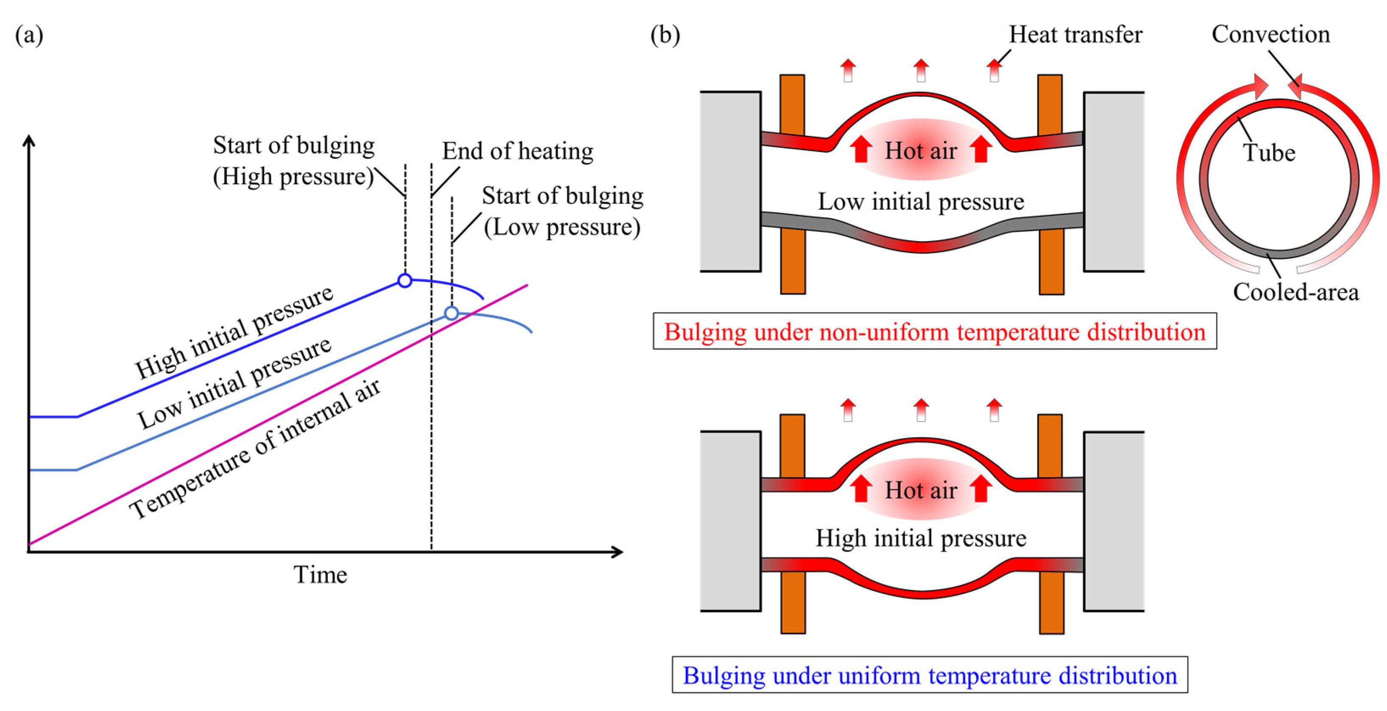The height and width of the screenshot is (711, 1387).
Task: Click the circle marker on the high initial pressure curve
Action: click(405, 280)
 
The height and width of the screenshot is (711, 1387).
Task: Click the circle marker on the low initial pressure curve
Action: click(451, 313)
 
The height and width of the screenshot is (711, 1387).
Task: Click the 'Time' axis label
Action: click(320, 575)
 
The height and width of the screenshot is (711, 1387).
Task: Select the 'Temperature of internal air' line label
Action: click(255, 449)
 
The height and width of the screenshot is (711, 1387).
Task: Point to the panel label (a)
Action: click(29, 36)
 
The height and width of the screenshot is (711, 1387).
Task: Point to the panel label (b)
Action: click(665, 36)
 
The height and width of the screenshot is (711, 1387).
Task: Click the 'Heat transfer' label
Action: click(1075, 34)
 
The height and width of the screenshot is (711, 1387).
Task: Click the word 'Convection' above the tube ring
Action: click(1271, 34)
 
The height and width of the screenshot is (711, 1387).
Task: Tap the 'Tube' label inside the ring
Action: click(1269, 152)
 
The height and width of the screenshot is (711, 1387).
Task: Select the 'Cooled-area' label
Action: click(1295, 292)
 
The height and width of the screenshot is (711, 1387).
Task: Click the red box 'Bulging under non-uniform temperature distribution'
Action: click(934, 331)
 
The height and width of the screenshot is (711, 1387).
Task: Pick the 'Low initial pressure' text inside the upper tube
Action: click(921, 202)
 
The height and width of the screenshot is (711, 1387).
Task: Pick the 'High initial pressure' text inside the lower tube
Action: click(921, 538)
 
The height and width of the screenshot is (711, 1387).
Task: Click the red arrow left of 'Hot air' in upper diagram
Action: click(861, 149)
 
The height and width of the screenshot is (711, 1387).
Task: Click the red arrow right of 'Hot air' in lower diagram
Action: click(981, 488)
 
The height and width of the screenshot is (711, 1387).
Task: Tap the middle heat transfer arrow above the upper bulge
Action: click(921, 70)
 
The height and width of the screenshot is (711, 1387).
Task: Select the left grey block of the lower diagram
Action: click(730, 521)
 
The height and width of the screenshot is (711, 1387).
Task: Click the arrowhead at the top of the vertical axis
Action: click(29, 141)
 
